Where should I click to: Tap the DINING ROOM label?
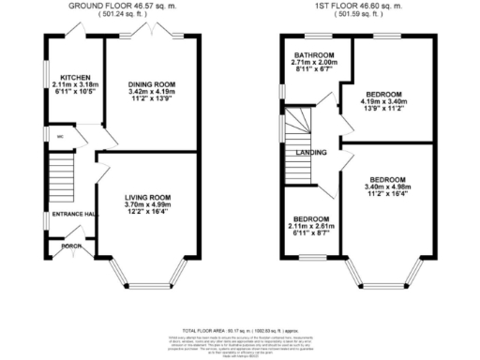pos(151,84)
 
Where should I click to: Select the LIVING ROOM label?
pos(150,196)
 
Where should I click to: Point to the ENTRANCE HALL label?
pos(76,215)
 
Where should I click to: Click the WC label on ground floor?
pos(61,136)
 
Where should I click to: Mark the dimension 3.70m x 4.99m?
pos(150,203)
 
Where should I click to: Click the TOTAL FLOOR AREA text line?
pos(240,331)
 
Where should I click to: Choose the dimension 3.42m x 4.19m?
pos(151,92)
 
